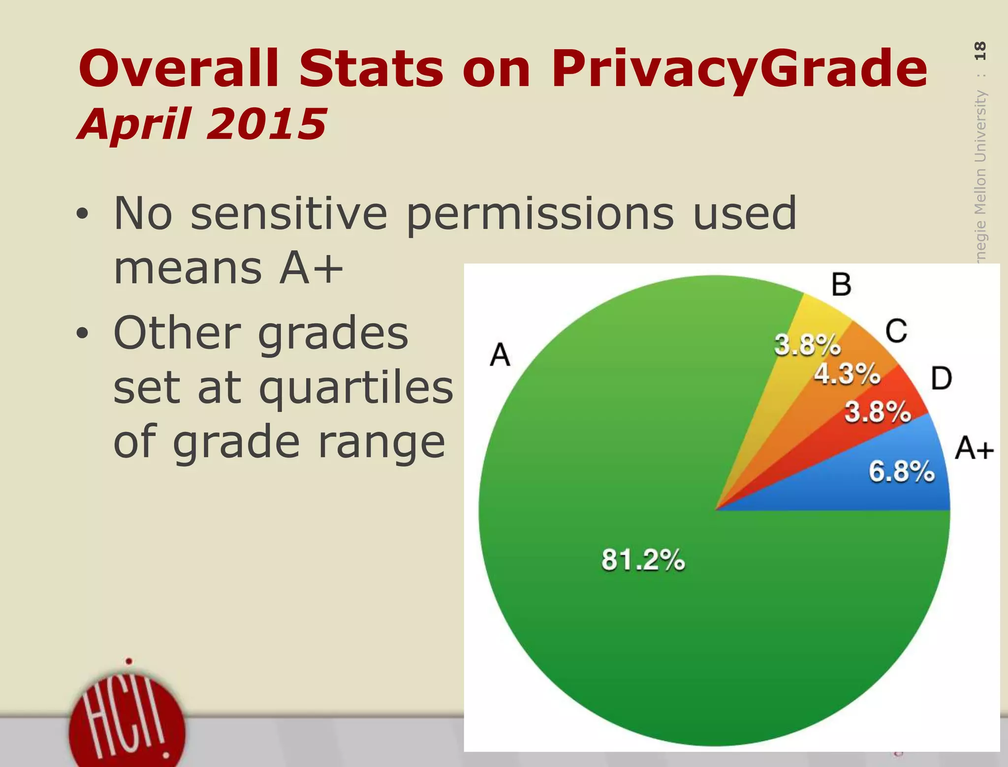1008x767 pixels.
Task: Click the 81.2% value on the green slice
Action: (x=643, y=560)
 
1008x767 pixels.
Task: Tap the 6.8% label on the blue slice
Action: (x=901, y=472)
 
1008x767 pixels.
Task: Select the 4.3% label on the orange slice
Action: (x=847, y=374)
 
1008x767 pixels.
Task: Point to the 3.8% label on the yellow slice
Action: (x=807, y=345)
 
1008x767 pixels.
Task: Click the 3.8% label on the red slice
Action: (x=878, y=412)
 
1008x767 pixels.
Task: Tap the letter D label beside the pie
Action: (x=942, y=379)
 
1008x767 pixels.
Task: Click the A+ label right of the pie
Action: (x=974, y=449)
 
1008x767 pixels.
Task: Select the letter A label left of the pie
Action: (x=500, y=355)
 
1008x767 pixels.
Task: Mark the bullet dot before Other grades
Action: (x=82, y=333)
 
